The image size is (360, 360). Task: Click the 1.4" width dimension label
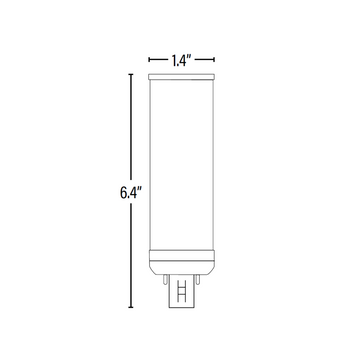coord(181,60)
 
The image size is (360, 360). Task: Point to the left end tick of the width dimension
coord(149,60)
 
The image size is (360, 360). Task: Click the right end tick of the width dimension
coord(214,60)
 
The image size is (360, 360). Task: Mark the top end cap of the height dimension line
coord(131,74)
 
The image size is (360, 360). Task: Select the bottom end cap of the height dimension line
coord(131,307)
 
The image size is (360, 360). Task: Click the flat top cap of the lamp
coord(181,77)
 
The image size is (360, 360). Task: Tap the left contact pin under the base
coord(165,279)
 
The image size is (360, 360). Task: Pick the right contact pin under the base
coord(198,279)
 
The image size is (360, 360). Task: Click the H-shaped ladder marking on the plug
coord(182,291)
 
